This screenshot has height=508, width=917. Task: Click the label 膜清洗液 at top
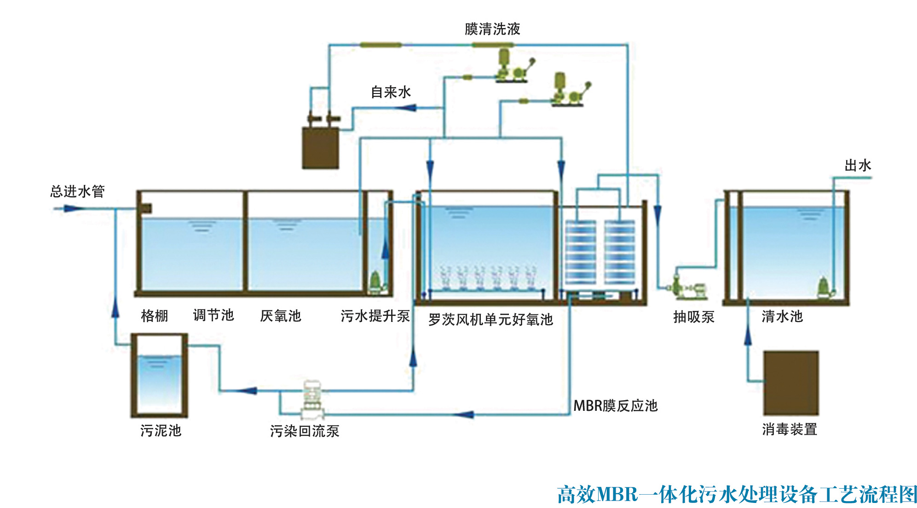coord(492,29)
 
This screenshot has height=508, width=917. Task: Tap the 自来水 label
coord(391,92)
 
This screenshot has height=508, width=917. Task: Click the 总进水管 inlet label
coord(77,191)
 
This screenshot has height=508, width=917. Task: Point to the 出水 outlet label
coord(857,165)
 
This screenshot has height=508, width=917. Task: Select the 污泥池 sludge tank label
coord(161,431)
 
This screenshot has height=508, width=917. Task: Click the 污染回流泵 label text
coord(305,431)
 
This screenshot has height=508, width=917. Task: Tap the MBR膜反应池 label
coord(615,406)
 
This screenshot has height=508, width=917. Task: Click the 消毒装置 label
coord(790,429)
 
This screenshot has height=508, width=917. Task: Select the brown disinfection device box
coord(790,383)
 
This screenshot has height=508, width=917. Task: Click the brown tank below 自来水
coord(320,147)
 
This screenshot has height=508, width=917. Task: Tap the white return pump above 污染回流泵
coord(312,398)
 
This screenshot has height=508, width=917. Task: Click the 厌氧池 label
coord(280,316)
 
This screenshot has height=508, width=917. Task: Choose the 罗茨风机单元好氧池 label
coord(490,319)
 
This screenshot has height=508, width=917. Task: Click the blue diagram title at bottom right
coord(737,495)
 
